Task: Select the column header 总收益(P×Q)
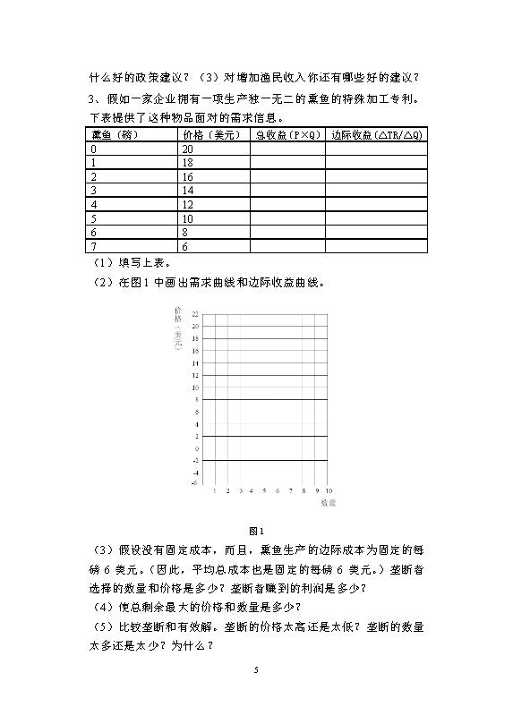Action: pos(287,135)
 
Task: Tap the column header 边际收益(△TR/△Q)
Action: pos(375,135)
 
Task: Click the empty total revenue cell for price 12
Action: pos(287,205)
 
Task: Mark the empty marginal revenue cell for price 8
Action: pos(375,233)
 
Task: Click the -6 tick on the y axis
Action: pos(194,483)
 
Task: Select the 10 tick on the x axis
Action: pos(329,491)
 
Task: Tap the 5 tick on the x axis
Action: pos(265,491)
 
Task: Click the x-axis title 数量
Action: pos(328,504)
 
